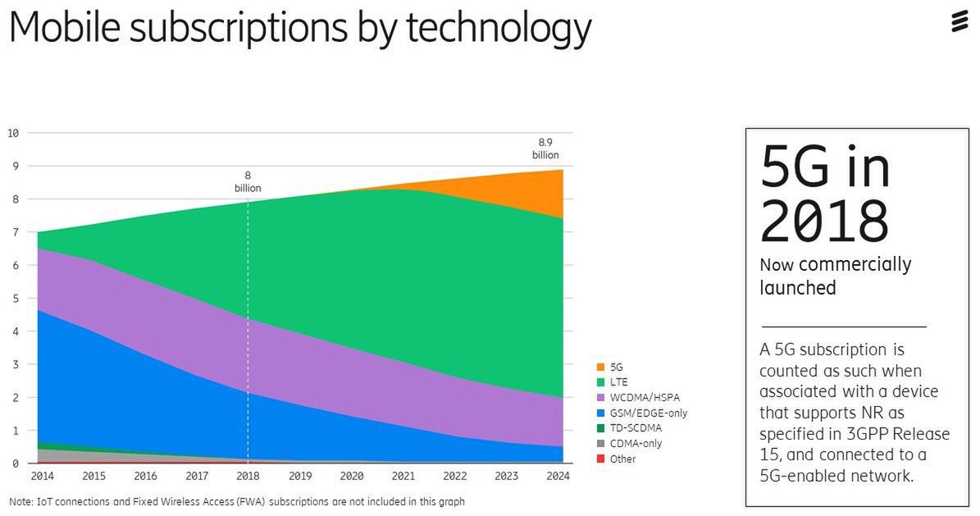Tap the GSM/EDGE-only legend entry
(648, 413)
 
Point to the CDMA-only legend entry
(636, 444)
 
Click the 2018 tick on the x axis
(248, 476)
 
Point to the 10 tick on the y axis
(14, 133)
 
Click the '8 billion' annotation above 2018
(248, 181)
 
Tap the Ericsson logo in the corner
(959, 24)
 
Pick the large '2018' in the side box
(823, 220)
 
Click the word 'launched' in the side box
(797, 288)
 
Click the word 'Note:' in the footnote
(21, 501)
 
